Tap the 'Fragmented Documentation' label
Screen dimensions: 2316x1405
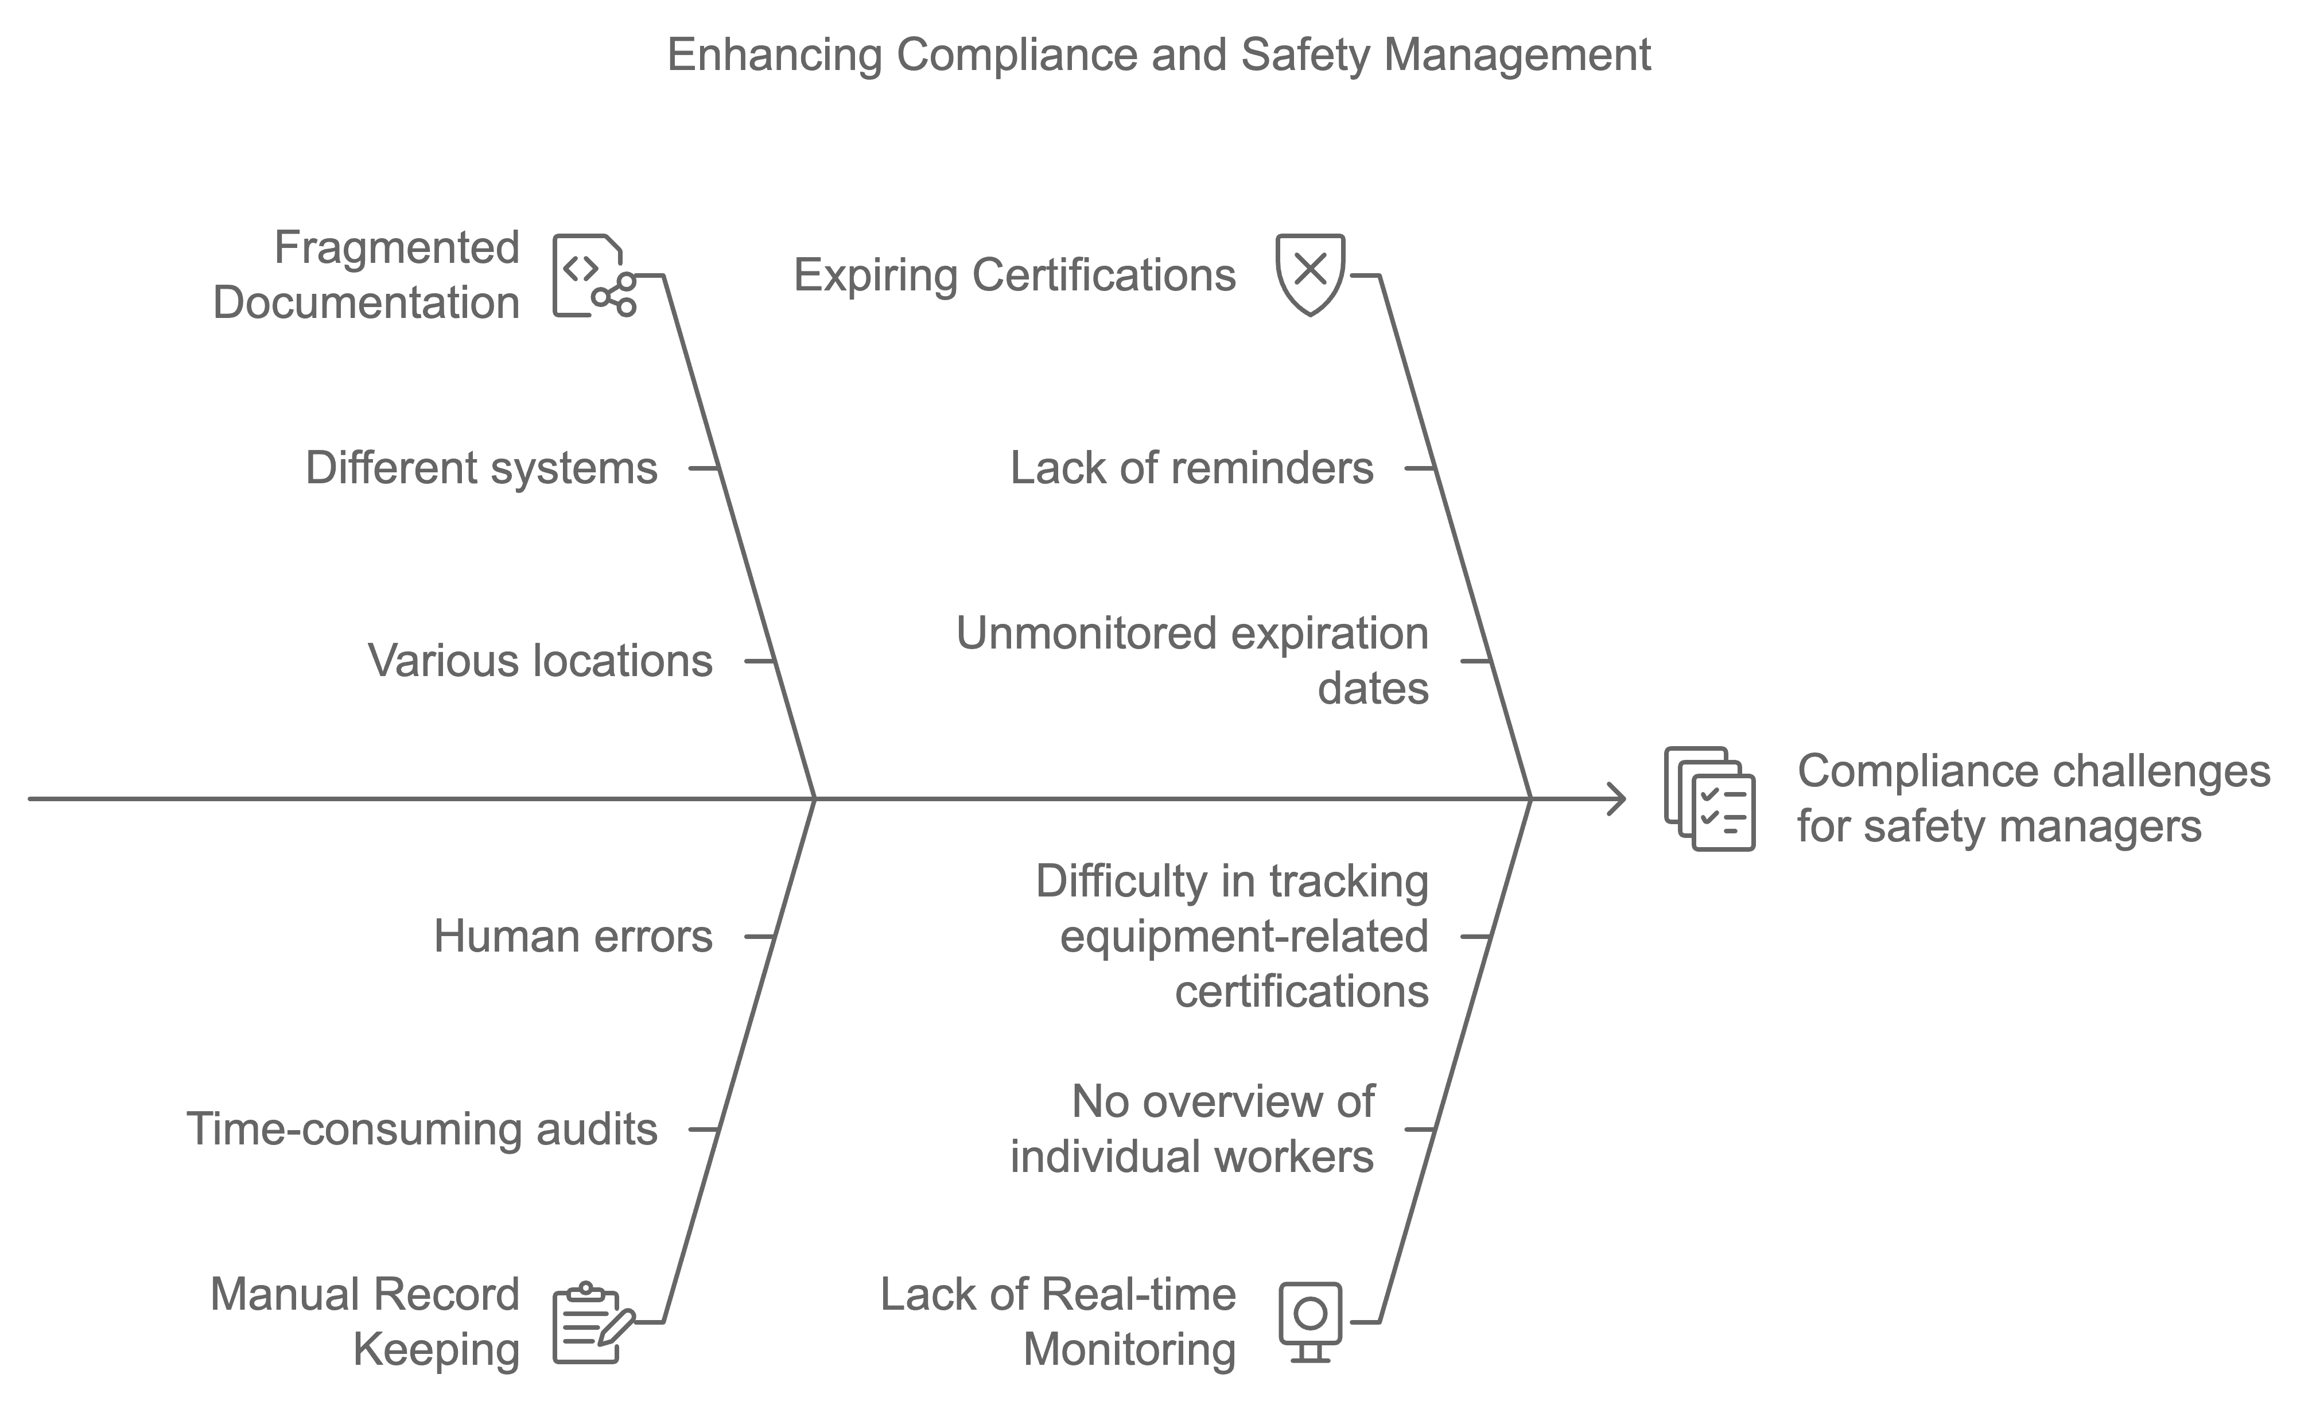367,275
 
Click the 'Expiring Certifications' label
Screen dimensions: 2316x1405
1015,275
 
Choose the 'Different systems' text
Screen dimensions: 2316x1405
481,468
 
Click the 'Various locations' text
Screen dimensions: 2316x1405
541,661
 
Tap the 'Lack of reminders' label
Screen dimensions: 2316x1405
1192,468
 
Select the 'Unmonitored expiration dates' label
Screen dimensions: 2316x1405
1192,661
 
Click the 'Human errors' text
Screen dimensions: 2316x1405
573,937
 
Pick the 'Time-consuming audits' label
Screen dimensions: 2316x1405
423,1129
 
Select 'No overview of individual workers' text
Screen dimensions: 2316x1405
1192,1129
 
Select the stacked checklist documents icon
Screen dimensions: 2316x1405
1709,799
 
